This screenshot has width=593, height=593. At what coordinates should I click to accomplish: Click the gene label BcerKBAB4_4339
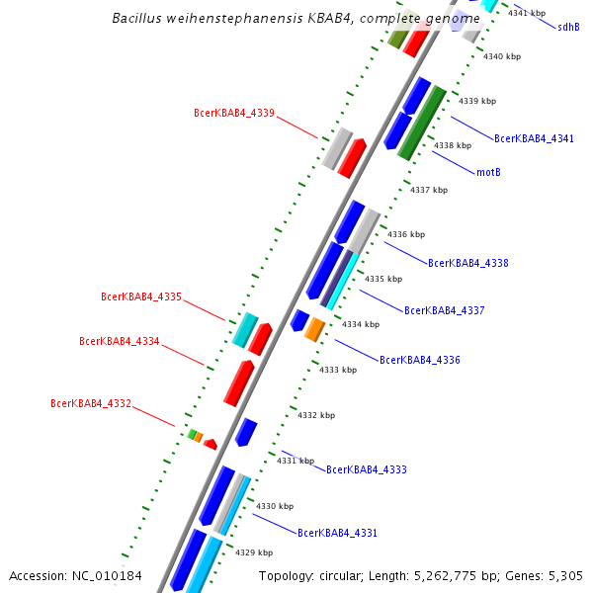234,113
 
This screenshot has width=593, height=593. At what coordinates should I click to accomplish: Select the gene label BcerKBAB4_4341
534,139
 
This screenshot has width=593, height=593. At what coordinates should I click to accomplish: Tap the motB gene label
488,172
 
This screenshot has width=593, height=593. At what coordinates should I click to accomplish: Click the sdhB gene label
568,28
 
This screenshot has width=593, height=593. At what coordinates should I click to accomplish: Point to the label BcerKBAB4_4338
468,264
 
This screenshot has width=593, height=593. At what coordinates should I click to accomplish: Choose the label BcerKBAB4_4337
445,310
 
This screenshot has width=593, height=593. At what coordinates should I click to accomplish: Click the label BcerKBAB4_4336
420,360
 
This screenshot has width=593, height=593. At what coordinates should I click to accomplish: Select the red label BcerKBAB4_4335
141,296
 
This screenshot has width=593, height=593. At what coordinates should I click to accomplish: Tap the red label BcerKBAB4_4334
120,342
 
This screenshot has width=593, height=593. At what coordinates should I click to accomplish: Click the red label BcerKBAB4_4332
91,403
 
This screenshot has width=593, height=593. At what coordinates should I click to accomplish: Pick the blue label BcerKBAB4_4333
367,469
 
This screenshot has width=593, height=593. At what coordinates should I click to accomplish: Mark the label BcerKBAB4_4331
337,533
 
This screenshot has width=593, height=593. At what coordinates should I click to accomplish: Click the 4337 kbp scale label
429,190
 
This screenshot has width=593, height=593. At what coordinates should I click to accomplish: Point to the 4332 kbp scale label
316,415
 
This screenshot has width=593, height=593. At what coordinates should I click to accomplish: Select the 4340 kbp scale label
501,56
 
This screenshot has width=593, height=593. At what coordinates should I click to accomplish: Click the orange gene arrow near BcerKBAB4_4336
314,329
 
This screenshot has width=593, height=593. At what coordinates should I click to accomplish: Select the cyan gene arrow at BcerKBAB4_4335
245,330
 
